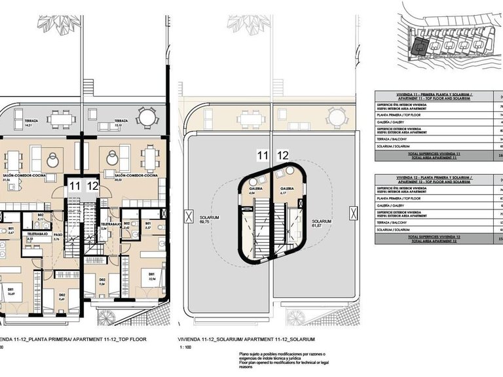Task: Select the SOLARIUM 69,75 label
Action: tap(210, 220)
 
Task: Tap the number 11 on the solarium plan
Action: tap(263, 156)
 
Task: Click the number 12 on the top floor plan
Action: tap(92, 186)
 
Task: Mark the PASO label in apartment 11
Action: tap(58, 236)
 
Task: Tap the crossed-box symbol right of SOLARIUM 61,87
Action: tap(354, 213)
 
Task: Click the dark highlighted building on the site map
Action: tap(419, 46)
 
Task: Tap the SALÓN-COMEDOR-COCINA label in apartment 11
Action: tap(20, 176)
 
